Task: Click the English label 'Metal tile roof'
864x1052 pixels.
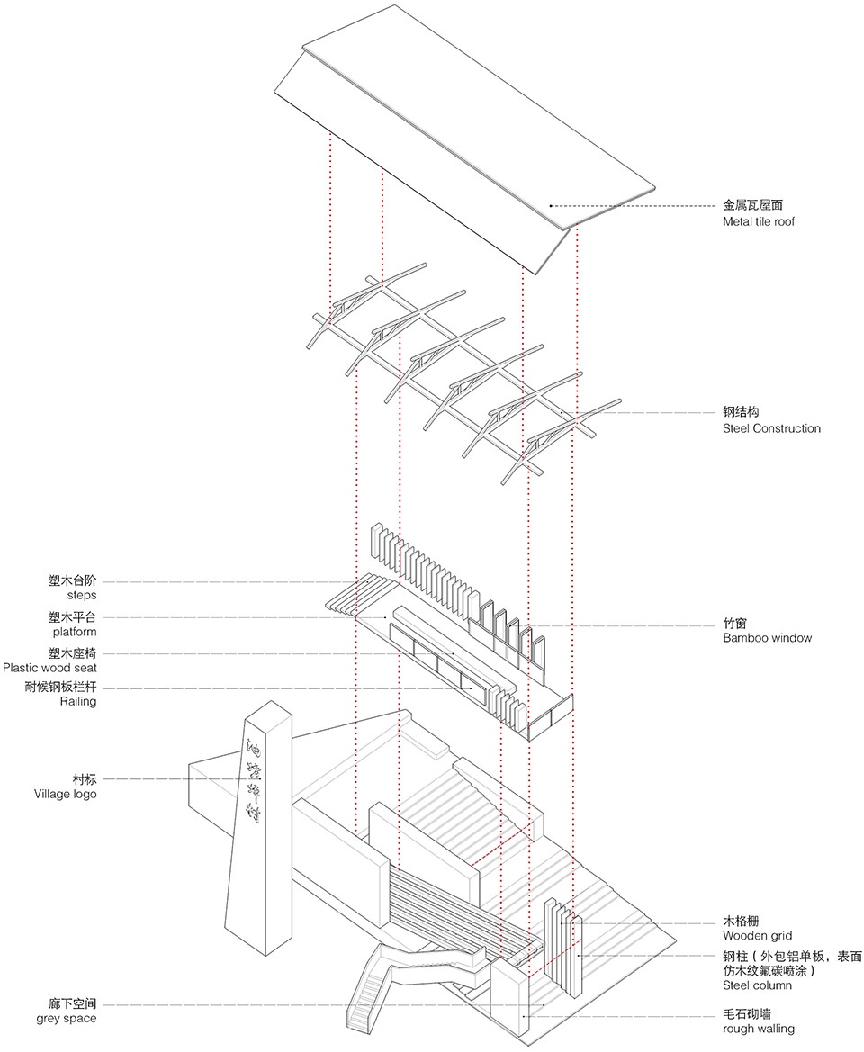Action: [759, 222]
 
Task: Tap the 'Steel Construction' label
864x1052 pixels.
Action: [771, 428]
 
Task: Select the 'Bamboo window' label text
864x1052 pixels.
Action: [767, 638]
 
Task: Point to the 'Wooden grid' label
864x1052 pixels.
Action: [757, 936]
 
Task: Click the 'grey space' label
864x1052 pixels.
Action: [67, 1019]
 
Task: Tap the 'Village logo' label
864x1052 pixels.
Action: [66, 794]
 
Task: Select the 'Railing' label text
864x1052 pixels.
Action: [78, 701]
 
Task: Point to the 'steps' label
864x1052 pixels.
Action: [81, 595]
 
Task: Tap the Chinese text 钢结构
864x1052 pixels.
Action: [741, 412]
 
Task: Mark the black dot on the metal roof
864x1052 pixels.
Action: [551, 206]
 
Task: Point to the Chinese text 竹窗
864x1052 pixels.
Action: [734, 622]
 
